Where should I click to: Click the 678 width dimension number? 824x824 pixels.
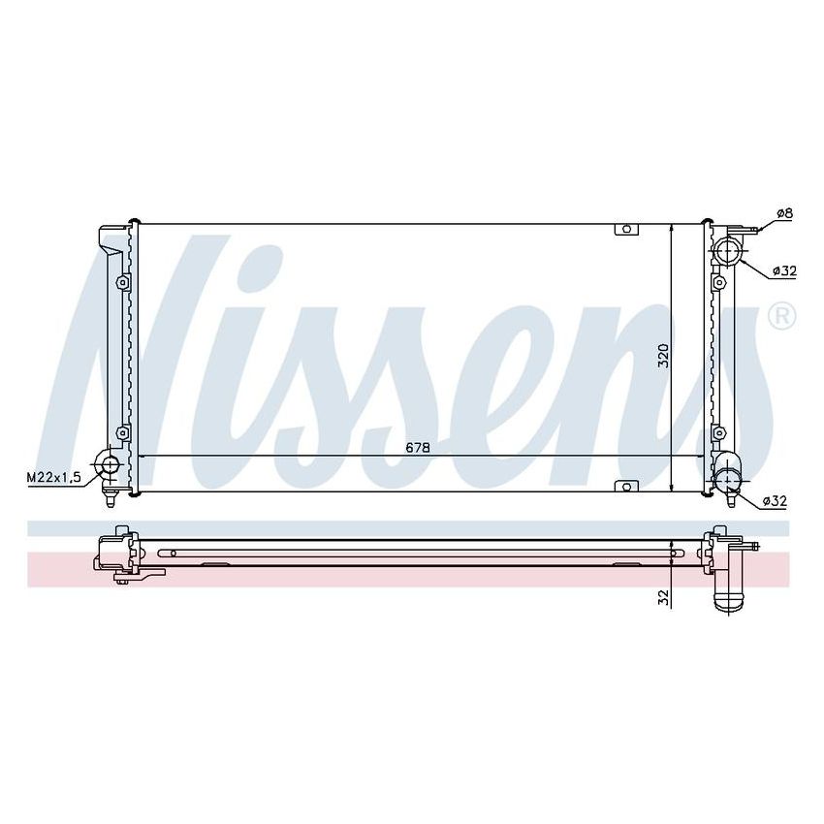coord(418,447)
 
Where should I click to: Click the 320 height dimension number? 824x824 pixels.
coord(663,356)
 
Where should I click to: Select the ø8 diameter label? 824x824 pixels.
coord(784,213)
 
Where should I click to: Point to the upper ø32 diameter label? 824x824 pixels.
coord(784,270)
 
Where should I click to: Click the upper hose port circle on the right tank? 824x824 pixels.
coord(726,253)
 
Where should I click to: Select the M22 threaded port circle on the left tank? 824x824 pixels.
coord(110,465)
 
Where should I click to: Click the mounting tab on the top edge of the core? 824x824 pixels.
coord(627,230)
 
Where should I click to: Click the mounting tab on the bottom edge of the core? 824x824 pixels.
coord(627,485)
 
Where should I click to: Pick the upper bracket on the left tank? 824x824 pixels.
coord(122,282)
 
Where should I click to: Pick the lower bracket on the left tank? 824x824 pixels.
coord(122,432)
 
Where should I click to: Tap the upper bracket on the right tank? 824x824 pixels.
coord(718,282)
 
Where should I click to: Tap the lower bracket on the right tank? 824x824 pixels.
coord(718,432)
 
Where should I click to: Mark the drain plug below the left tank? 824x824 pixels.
coord(111,499)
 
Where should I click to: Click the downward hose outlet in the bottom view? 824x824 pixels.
coord(728,592)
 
